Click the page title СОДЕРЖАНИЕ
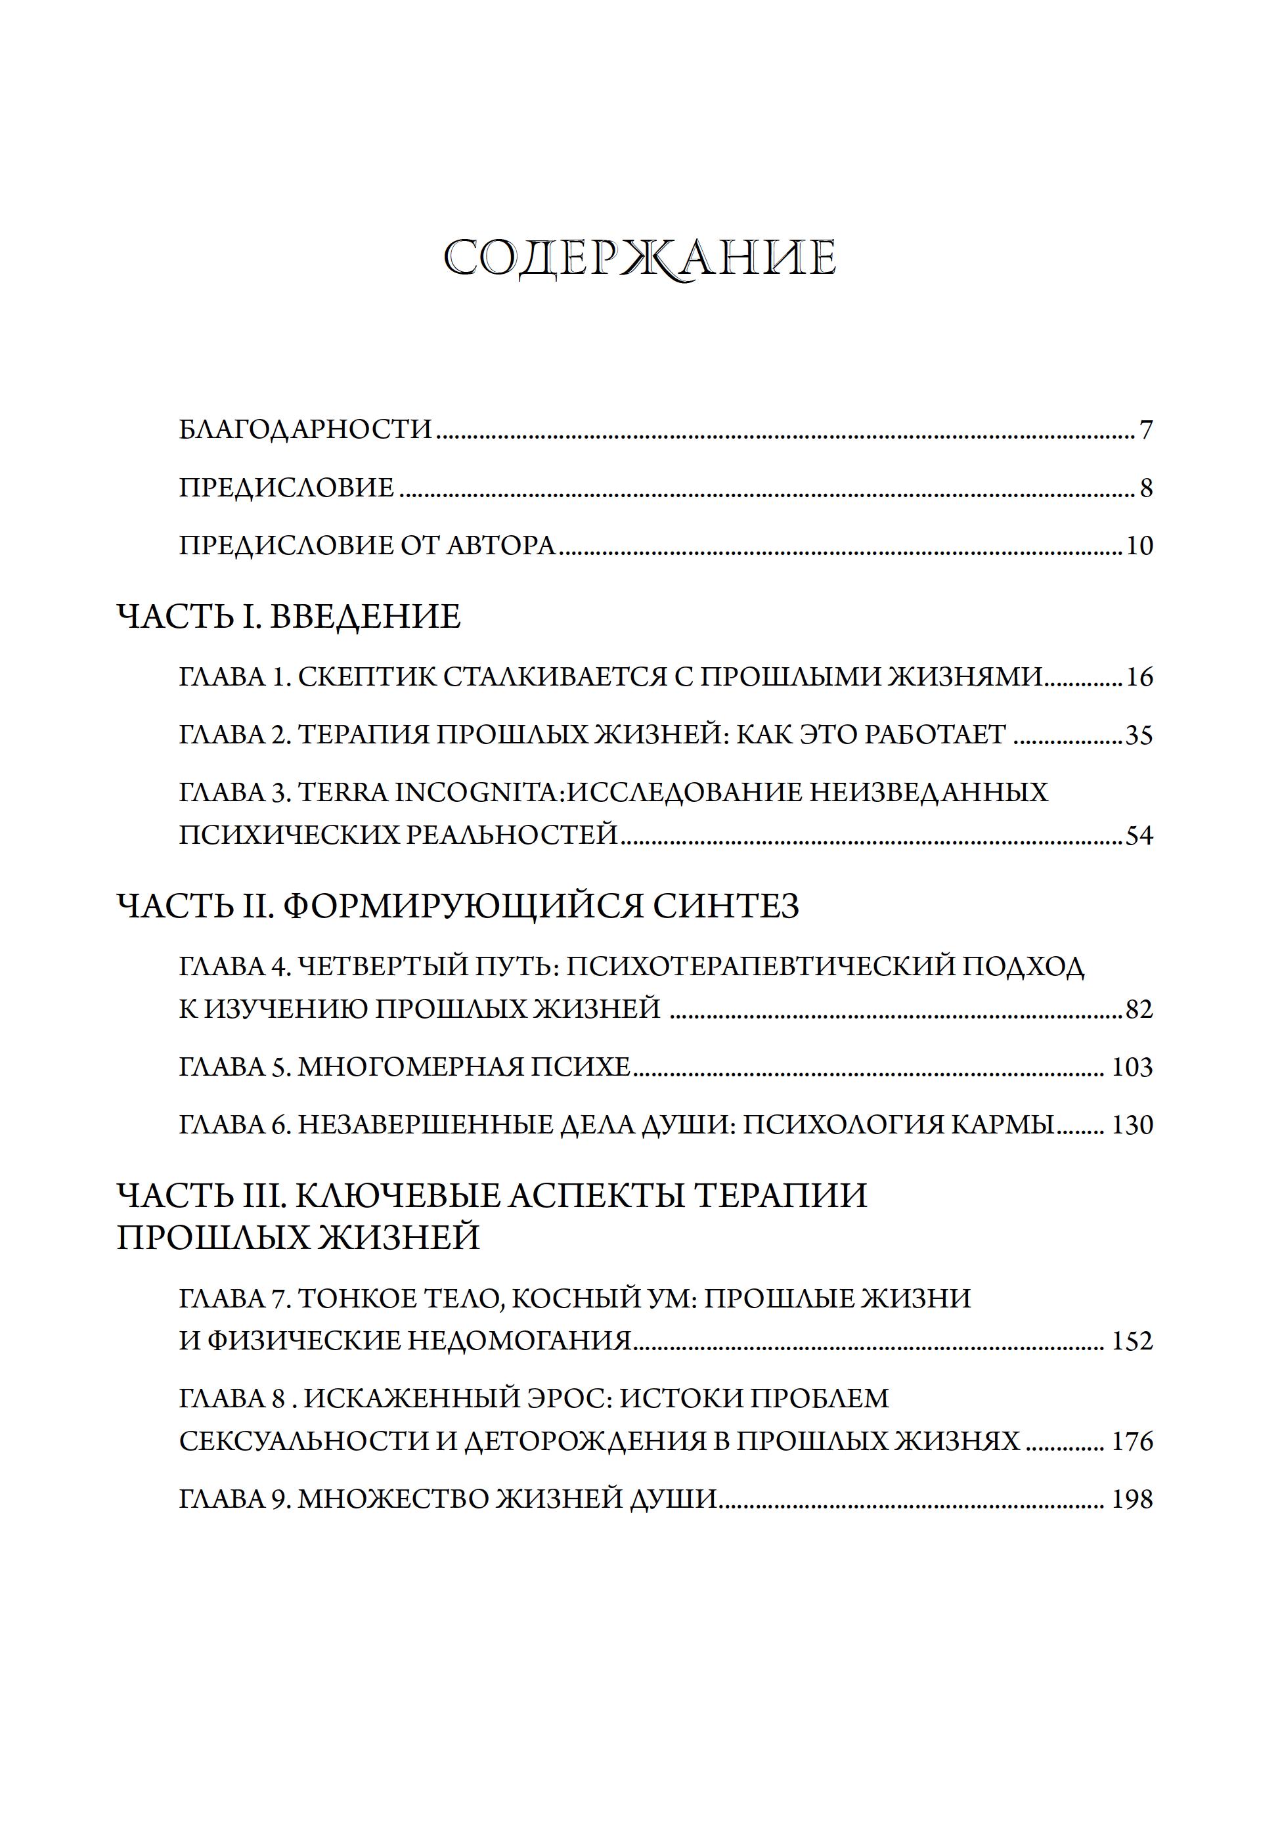point(639,258)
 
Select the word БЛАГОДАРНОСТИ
point(305,429)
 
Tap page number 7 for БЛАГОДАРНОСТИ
point(1145,430)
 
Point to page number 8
point(1145,487)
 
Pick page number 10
point(1139,546)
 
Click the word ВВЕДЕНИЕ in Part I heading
point(365,617)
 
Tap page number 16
point(1139,677)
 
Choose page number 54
point(1139,836)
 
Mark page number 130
point(1132,1125)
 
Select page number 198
point(1132,1500)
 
